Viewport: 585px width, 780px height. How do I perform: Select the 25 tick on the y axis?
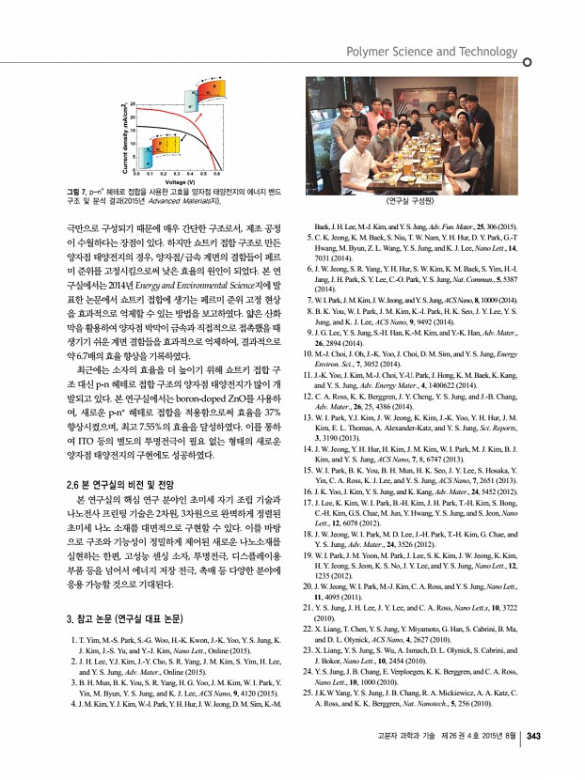(133, 102)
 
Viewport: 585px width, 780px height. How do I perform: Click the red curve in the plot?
(189, 141)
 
